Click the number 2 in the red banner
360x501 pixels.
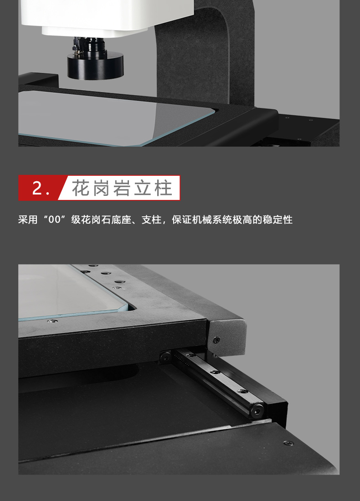coord(37,188)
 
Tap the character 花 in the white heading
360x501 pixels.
coord(81,188)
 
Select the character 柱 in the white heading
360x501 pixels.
coord(164,188)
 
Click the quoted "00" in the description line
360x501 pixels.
coord(55,220)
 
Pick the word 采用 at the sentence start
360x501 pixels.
coord(28,220)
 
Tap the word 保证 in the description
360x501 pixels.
coord(182,220)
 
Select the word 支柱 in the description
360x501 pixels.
coord(151,220)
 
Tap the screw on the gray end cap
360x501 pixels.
coord(217,339)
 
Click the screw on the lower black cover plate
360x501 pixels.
coord(288,443)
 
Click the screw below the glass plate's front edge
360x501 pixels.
coord(52,321)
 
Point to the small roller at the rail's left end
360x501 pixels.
coord(165,356)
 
